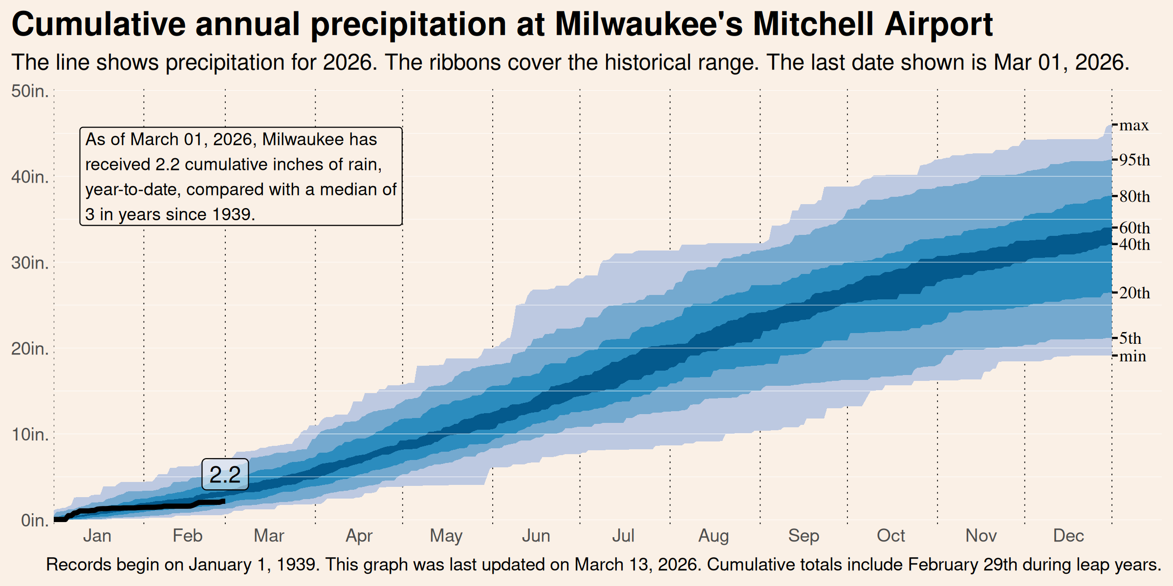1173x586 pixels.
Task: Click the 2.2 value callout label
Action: coord(225,474)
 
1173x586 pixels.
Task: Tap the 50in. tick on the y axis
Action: coord(30,91)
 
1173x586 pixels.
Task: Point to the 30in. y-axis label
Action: coord(30,263)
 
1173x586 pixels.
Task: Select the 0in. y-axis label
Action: coord(34,521)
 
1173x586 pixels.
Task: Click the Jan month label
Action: coord(97,536)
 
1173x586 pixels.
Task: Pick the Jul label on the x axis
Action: coord(623,536)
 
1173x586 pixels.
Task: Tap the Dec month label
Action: coord(1068,536)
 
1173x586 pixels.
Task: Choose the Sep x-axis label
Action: coord(804,536)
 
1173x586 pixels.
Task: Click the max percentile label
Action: coord(1134,126)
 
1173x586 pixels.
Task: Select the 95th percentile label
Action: coord(1134,160)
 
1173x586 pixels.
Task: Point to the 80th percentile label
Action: coord(1134,197)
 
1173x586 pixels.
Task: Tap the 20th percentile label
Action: coord(1134,293)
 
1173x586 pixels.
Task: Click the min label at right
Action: coord(1132,356)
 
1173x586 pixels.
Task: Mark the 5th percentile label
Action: coord(1130,338)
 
